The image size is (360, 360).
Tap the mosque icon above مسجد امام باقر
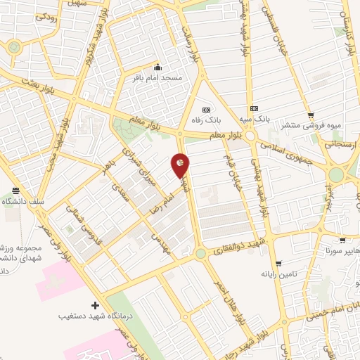pyautogui.click(x=157, y=67)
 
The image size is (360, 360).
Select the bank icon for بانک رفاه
pyautogui.click(x=206, y=109)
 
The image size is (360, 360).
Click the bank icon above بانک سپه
pyautogui.click(x=254, y=109)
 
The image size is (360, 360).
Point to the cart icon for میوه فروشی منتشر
pyautogui.click(x=310, y=115)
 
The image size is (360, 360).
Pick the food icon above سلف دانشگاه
pyautogui.click(x=15, y=191)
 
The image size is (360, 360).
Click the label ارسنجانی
pyautogui.click(x=339, y=143)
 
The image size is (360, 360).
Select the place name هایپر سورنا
pyautogui.click(x=340, y=250)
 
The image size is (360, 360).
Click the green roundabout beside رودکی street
pyautogui.click(x=13, y=48)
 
